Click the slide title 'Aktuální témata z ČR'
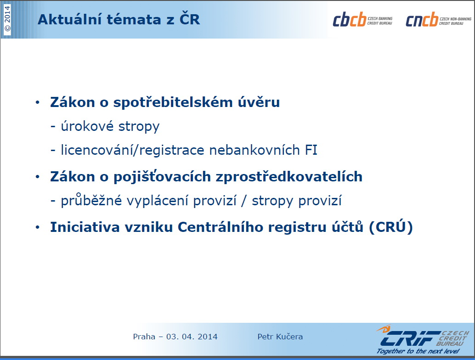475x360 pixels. pos(119,20)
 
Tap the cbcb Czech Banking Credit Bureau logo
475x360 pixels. pos(362,19)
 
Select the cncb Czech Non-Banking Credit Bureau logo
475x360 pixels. pos(438,19)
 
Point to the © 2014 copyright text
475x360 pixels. pos(7,19)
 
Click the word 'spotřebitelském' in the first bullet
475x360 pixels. pos(173,102)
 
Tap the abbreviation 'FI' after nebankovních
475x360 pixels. pos(311,150)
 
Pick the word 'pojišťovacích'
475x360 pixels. pos(162,177)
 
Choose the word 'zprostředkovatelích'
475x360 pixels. pos(289,177)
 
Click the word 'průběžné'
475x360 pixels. pos(91,201)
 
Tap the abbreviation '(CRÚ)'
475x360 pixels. pos(391,227)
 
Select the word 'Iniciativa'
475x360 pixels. pos(85,227)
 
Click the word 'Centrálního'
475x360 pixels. pos(220,227)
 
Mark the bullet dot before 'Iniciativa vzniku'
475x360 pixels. pos(38,227)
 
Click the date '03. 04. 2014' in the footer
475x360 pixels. pos(192,337)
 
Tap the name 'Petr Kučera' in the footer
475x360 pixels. pos(280,337)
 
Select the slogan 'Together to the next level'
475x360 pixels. pos(418,351)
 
